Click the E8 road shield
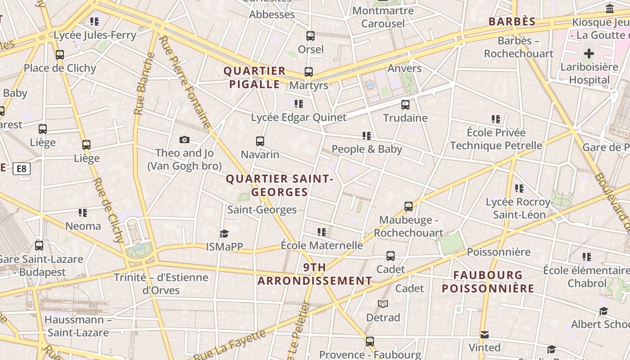point(21,169)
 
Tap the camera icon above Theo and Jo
point(184,140)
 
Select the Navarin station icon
point(260,141)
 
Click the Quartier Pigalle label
point(255,77)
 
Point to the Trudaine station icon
point(405,105)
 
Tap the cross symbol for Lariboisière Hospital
point(589,54)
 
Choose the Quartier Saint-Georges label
point(279,185)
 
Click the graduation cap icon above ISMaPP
point(224,234)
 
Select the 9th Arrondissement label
point(315,274)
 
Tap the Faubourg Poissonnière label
point(488,282)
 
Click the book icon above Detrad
point(383,304)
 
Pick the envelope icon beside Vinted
point(484,335)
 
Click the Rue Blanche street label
point(143,84)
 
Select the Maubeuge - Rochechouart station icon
point(409,207)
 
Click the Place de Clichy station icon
point(60,55)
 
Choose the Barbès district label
point(512,22)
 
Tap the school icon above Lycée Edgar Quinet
point(299,104)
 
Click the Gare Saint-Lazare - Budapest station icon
point(39,246)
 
